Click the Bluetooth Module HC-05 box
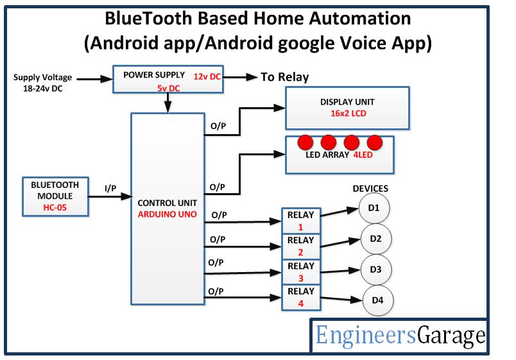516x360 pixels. (55, 196)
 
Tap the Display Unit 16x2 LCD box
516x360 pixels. (347, 108)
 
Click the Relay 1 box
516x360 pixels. (300, 220)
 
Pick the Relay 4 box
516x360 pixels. (300, 296)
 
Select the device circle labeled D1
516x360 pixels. (374, 209)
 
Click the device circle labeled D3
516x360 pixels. (375, 270)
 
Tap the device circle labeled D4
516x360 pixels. (378, 300)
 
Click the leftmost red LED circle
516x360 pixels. (304, 141)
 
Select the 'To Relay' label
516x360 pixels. (284, 78)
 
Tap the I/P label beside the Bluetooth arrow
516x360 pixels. (110, 187)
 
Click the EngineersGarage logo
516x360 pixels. (400, 336)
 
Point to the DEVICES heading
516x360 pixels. (370, 189)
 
